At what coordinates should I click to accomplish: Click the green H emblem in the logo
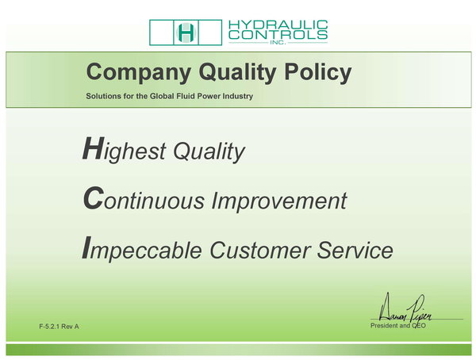point(186,33)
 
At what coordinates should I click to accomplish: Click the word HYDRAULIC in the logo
point(278,25)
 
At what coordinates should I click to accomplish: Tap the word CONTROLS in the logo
point(278,35)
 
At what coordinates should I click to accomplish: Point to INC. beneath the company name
point(278,43)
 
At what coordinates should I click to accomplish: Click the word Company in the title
point(139,73)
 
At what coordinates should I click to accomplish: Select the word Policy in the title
point(318,73)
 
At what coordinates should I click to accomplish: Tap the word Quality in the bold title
point(238,73)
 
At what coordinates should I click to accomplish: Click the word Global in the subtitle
point(162,96)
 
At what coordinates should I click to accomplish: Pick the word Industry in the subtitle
point(238,97)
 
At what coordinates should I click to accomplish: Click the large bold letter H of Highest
point(94,148)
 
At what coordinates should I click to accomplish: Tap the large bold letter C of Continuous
point(94,198)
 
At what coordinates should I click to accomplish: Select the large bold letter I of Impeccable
point(86,247)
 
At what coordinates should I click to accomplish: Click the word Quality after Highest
point(209,151)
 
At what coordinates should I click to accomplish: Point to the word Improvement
point(279,201)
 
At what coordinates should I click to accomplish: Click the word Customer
point(260,251)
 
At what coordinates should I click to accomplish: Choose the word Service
point(355,251)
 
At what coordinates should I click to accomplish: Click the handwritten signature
point(405,309)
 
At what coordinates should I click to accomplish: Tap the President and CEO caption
point(398,326)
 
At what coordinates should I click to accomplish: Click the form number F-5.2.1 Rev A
point(59,327)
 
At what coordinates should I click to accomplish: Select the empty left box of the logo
point(161,33)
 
